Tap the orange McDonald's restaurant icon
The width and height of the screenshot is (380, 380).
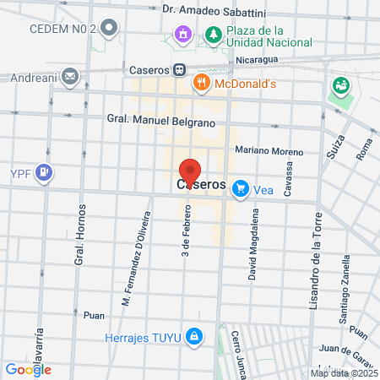200,82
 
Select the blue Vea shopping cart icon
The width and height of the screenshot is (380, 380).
242,189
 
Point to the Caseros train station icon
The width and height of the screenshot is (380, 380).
179,70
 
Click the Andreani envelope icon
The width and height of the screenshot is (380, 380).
68,79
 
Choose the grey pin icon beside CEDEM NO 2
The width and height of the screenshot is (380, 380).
107,27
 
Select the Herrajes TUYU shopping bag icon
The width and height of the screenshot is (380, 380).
195,337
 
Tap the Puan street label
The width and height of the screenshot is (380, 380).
94,315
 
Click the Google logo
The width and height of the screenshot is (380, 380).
28,369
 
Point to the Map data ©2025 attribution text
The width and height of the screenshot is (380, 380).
343,373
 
